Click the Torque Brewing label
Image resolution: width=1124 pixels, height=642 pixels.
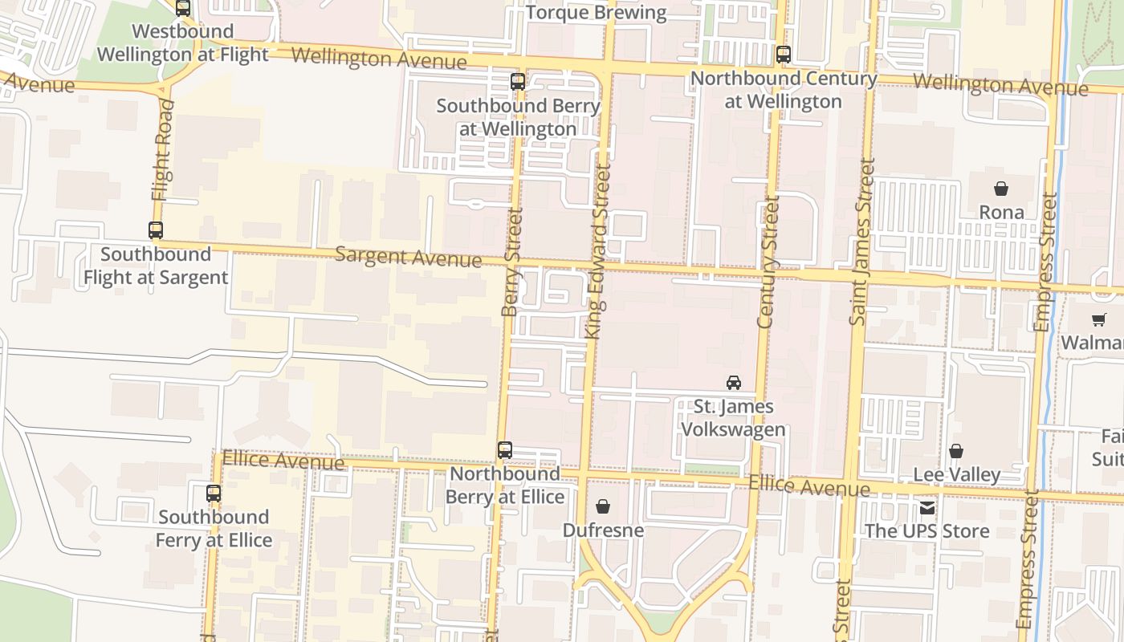point(597,13)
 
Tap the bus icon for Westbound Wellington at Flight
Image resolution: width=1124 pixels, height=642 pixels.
point(183,8)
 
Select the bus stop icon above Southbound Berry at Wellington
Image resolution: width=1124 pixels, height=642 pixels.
point(518,81)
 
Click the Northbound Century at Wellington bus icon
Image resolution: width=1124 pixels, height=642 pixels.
point(784,55)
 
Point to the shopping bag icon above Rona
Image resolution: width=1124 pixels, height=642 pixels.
point(1001,189)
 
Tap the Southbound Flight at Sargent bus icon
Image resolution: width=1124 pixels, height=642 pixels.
point(156,230)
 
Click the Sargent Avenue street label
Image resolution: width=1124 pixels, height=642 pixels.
point(408,257)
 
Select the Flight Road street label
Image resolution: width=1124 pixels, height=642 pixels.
point(162,151)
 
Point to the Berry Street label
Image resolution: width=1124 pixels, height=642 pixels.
point(511,262)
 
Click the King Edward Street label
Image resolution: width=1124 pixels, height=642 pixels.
point(598,250)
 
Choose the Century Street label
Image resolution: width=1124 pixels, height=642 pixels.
point(768,262)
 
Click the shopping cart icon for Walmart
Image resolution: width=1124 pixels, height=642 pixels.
point(1099,319)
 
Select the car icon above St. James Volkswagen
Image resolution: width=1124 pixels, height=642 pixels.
point(734,383)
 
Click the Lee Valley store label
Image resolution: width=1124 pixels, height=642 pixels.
point(957,474)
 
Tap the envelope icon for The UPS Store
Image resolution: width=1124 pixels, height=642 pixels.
point(927,507)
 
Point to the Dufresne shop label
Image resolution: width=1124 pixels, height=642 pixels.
point(603,530)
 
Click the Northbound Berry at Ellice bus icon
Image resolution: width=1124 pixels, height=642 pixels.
point(505,450)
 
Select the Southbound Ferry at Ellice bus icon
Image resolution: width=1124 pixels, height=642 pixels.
point(214,494)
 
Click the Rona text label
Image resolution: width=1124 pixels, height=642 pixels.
point(1001,212)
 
